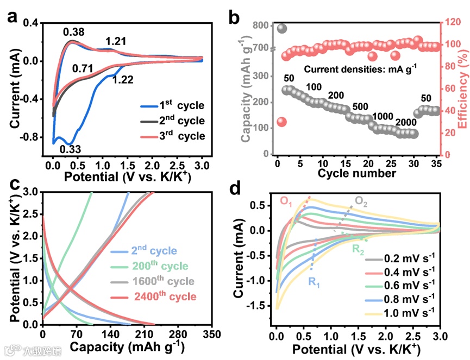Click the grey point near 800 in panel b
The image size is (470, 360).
(x=281, y=28)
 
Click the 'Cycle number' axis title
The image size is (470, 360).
(x=356, y=173)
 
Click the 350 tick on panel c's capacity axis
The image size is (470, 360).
(x=212, y=333)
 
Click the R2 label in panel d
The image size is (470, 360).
(x=358, y=250)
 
